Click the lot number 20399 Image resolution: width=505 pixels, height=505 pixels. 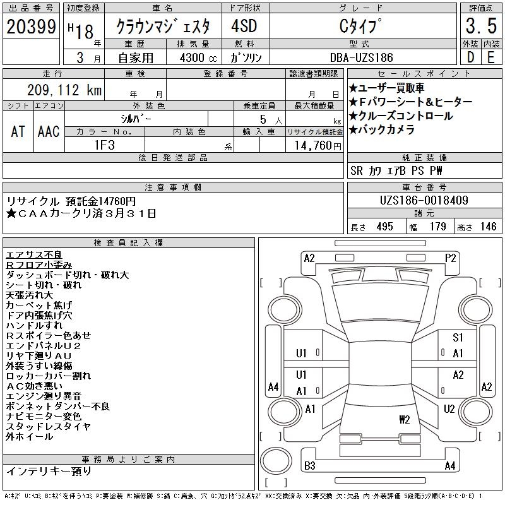pyautogui.click(x=31, y=27)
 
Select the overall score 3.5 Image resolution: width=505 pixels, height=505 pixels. pyautogui.click(x=481, y=26)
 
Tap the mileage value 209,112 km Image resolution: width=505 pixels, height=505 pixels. pyautogui.click(x=64, y=90)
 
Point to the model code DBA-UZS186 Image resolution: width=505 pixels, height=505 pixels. pyautogui.click(x=361, y=57)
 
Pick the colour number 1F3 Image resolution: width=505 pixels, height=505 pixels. pyautogui.click(x=105, y=145)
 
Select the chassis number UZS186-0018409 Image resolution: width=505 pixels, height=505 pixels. pyautogui.click(x=424, y=200)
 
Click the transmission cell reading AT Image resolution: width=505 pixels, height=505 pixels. pyautogui.click(x=18, y=131)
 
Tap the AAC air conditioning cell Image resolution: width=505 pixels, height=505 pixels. pyautogui.click(x=49, y=131)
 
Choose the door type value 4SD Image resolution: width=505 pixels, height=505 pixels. pyautogui.click(x=244, y=26)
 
